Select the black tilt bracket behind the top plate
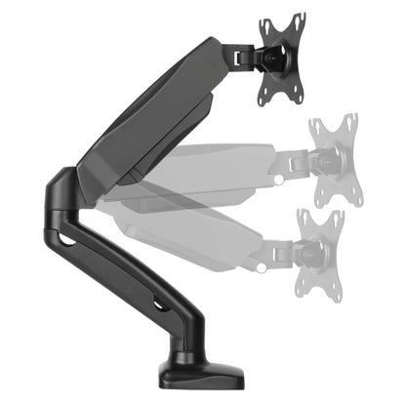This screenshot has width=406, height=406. point(239,54)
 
